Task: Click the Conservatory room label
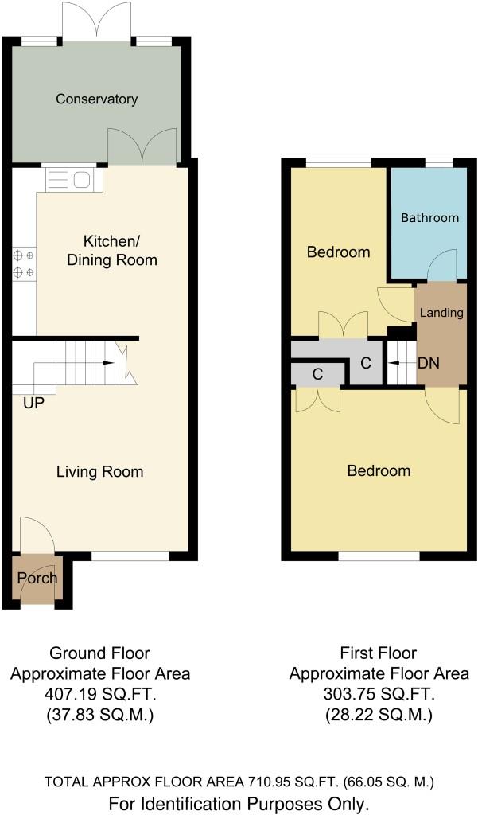click(97, 99)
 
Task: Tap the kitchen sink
click(73, 179)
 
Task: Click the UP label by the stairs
click(33, 403)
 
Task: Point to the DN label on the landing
click(429, 363)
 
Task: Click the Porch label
click(37, 578)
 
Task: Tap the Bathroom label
click(429, 218)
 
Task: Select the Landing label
click(441, 313)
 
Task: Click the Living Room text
click(99, 472)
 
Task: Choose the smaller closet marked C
click(317, 374)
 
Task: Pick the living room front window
click(130, 556)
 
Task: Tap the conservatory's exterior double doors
click(98, 21)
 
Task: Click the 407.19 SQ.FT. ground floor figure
click(99, 694)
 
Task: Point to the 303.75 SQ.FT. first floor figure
click(379, 694)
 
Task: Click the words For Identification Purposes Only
click(239, 804)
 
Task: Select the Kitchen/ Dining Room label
click(112, 251)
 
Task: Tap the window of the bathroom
click(440, 162)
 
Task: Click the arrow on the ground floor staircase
click(109, 362)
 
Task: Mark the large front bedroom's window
click(379, 556)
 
